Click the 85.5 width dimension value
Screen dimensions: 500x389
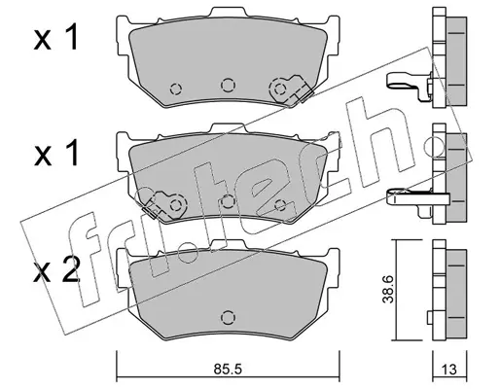pyautogui.click(x=228, y=369)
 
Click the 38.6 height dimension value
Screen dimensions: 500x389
pyautogui.click(x=388, y=289)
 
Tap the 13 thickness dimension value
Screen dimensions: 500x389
pyautogui.click(x=449, y=370)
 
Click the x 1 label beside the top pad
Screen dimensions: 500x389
pyautogui.click(x=56, y=38)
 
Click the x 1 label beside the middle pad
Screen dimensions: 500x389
pyautogui.click(x=56, y=154)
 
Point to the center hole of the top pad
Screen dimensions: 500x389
pyautogui.click(x=228, y=85)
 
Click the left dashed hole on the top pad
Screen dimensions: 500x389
pyautogui.click(x=176, y=88)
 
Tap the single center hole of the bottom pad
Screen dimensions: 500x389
pyautogui.click(x=228, y=317)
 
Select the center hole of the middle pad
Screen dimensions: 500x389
pyautogui.click(x=228, y=202)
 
